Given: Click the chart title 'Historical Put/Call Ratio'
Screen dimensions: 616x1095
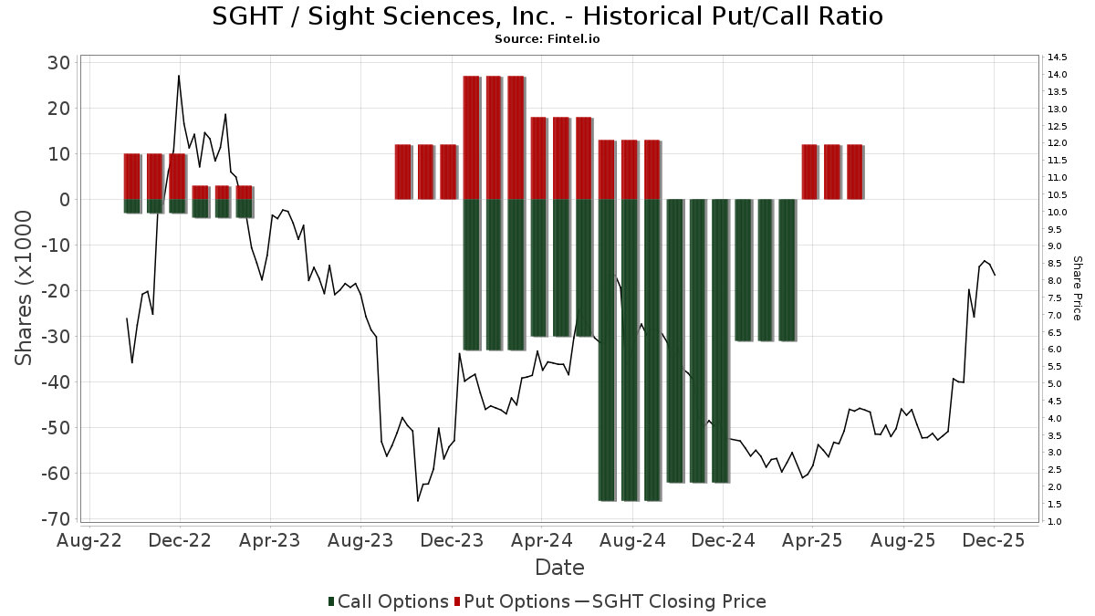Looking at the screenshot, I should click(547, 16).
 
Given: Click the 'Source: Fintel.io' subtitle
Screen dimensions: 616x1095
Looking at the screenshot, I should click(547, 39).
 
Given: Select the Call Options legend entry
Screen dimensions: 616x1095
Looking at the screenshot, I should click(389, 601).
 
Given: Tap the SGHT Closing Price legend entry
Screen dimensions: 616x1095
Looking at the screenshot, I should click(671, 601).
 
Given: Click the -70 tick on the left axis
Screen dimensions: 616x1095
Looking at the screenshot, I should click(57, 519).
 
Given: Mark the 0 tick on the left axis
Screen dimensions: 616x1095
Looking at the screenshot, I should click(66, 200).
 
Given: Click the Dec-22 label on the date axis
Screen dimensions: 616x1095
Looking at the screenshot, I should click(180, 540).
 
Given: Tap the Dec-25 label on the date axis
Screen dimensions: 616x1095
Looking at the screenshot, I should click(994, 540).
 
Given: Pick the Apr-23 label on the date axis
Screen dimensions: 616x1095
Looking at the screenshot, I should click(270, 540).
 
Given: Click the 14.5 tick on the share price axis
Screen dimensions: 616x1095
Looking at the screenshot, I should click(1058, 57).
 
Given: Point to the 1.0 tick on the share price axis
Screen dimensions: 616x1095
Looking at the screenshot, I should click(1056, 522).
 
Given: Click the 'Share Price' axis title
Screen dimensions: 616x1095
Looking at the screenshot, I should click(1077, 288).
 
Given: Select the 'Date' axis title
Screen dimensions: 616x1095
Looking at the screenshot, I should click(559, 568).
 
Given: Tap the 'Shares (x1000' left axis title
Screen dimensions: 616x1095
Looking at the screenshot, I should click(26, 288).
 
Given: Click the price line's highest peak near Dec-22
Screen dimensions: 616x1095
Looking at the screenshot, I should click(179, 76).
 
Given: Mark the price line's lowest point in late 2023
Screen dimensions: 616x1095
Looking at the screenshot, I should click(418, 501).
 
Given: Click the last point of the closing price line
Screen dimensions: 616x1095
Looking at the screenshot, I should click(995, 275).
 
